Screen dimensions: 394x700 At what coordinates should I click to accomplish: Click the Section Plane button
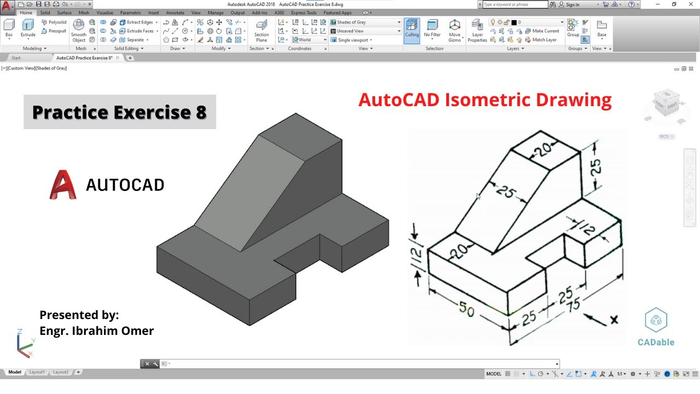tap(261, 31)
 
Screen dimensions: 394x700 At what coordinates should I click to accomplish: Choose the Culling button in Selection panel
tap(412, 28)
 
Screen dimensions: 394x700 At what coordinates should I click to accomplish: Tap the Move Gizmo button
tap(454, 30)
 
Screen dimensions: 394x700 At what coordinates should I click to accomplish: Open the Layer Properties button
tap(477, 30)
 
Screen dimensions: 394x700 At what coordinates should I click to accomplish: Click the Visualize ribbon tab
tap(104, 13)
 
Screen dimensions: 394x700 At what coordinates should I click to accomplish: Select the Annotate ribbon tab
tap(175, 13)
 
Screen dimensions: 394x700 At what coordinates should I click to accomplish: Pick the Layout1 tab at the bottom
tap(37, 372)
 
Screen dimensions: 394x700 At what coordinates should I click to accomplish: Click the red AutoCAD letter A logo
tap(63, 185)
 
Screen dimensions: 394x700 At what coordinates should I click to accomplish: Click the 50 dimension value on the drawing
tap(466, 310)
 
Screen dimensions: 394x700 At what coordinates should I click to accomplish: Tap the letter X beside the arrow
tap(614, 320)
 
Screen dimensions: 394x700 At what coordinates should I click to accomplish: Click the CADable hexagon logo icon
tap(656, 320)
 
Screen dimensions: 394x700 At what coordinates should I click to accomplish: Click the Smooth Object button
tap(79, 30)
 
